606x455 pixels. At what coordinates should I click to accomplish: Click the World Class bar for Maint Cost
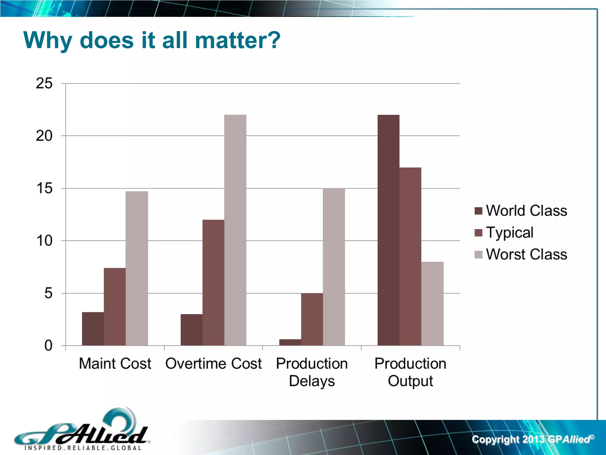coord(93,329)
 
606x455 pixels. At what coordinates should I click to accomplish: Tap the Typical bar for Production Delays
coord(312,319)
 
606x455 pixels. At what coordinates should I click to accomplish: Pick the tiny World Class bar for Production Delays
coord(290,342)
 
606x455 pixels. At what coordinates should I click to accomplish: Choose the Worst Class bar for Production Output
coord(432,304)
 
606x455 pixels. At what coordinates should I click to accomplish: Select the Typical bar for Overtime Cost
coord(213,283)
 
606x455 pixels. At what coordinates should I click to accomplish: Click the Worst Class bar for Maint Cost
coord(137,268)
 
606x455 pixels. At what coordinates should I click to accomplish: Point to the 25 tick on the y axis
coord(44,83)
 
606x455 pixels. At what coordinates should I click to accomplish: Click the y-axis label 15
coord(44,188)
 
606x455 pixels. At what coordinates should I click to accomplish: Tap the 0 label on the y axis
coord(48,346)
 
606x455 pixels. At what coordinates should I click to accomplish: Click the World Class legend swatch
coord(478,211)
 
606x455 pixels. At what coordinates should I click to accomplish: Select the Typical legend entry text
coord(510,233)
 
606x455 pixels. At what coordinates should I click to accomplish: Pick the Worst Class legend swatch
coord(478,254)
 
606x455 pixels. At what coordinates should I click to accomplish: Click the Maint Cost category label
coord(115,363)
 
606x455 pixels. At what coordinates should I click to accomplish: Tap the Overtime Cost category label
coord(213,363)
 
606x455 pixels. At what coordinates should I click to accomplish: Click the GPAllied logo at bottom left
coord(81,431)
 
